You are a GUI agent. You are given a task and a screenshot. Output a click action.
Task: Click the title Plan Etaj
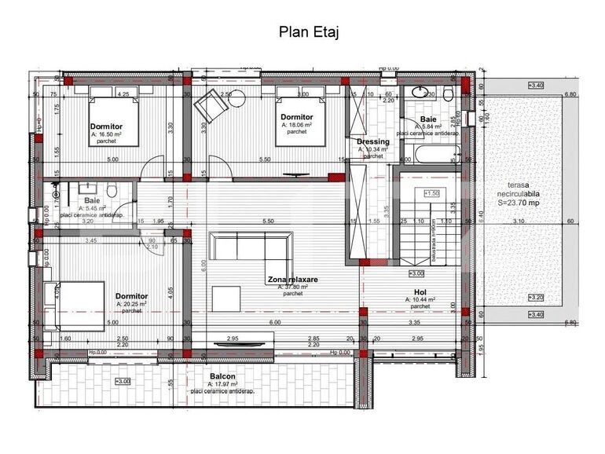309,32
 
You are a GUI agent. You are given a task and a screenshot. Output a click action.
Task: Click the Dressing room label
372,141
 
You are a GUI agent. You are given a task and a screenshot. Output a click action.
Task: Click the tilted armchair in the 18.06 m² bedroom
211,105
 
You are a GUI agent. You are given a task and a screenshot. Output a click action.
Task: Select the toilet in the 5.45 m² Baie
112,190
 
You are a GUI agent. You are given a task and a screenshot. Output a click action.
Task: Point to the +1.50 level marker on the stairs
431,192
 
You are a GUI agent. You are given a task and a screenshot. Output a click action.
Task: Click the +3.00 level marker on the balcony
123,381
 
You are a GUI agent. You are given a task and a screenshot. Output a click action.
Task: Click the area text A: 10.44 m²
420,299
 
